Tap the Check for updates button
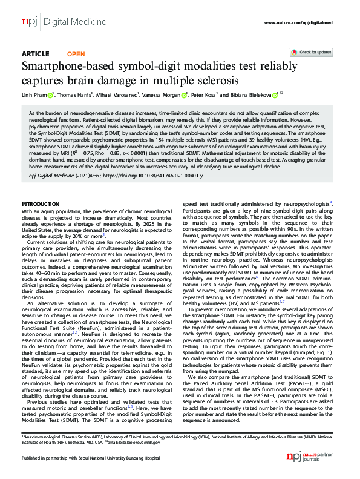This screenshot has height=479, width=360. [x=311, y=53]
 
